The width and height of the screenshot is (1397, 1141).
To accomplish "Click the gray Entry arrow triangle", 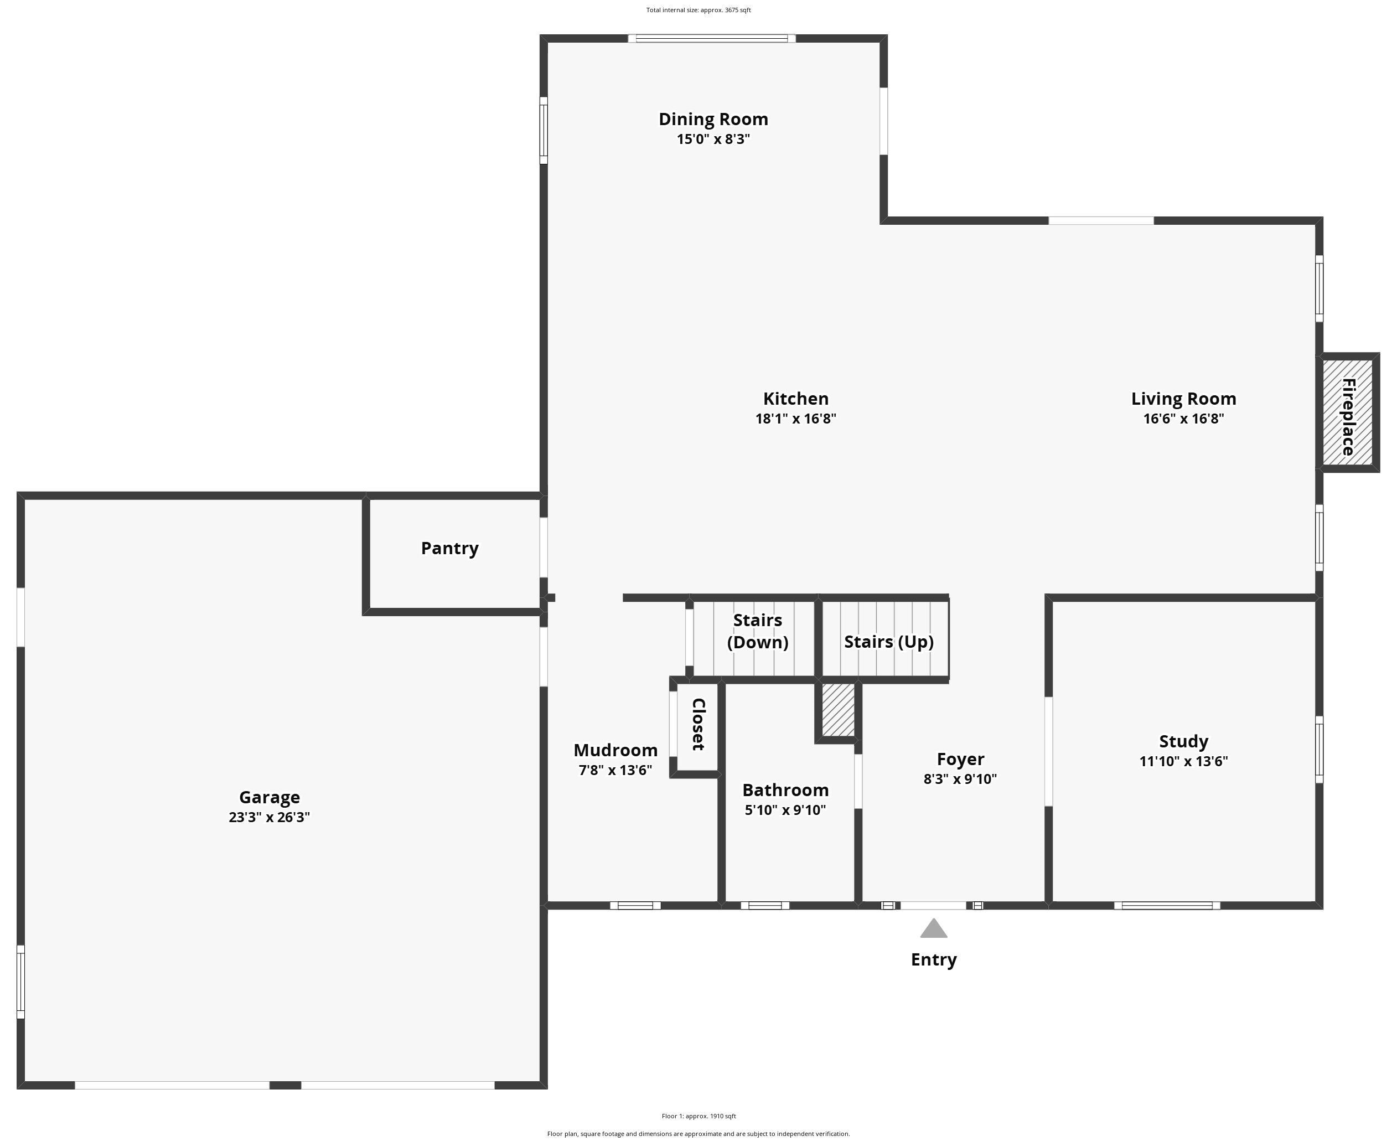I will click(x=933, y=929).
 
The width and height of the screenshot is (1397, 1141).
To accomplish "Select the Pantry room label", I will click(x=449, y=548).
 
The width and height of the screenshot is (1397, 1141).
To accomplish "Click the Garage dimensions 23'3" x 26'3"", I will click(x=269, y=817).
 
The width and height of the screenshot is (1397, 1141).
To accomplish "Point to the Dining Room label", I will click(x=713, y=119).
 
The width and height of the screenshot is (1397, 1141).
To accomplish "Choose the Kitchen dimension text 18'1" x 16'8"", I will click(x=795, y=419).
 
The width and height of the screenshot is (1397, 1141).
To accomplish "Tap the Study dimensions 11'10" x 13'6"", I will click(x=1183, y=761).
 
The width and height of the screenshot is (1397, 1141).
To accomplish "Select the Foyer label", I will click(x=960, y=759).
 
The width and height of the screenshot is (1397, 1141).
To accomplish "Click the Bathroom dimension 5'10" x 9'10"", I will click(x=785, y=810).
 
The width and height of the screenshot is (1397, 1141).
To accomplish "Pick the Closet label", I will click(x=698, y=724).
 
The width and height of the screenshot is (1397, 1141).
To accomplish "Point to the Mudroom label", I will click(x=615, y=750).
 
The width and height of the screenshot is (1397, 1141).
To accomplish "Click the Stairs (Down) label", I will click(x=757, y=631).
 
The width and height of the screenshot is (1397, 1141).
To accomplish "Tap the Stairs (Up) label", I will click(x=888, y=642).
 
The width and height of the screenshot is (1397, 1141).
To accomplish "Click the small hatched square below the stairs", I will click(x=839, y=710).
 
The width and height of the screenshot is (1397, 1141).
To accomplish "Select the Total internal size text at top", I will click(x=698, y=10).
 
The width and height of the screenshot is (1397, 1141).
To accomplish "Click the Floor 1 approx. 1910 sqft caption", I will click(x=698, y=1116).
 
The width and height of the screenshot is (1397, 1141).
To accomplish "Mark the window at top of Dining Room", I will click(x=712, y=38).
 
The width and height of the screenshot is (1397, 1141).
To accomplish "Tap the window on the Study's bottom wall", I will click(x=1166, y=906).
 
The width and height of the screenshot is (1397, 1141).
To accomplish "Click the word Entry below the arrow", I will click(x=933, y=959).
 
